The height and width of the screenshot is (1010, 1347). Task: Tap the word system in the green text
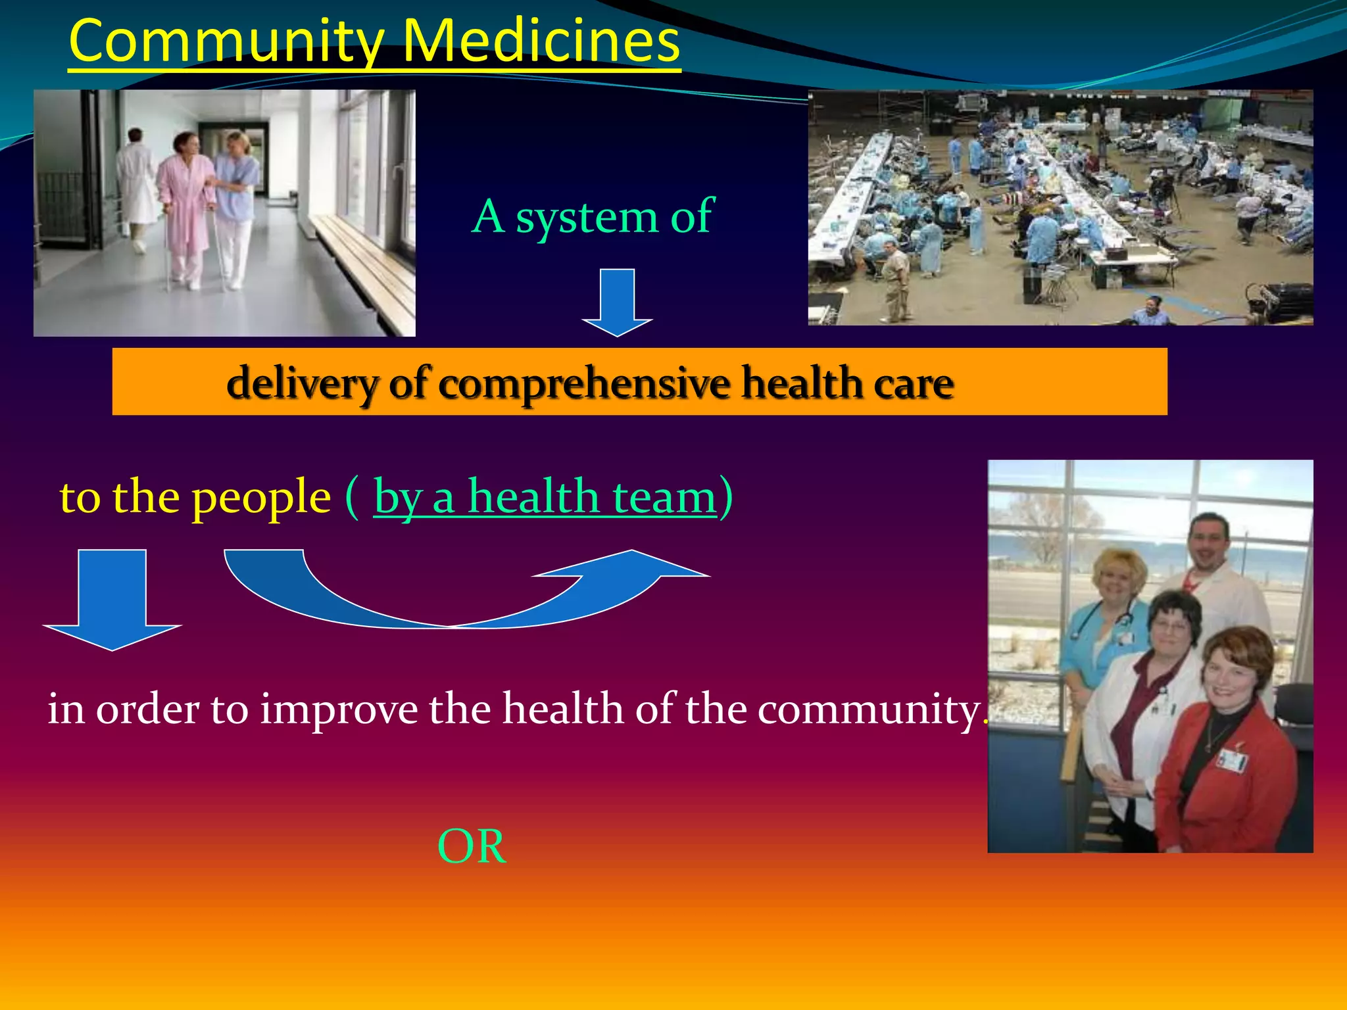click(x=587, y=217)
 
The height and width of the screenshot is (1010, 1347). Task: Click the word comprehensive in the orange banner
click(x=584, y=383)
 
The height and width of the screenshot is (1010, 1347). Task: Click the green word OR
click(x=472, y=847)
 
